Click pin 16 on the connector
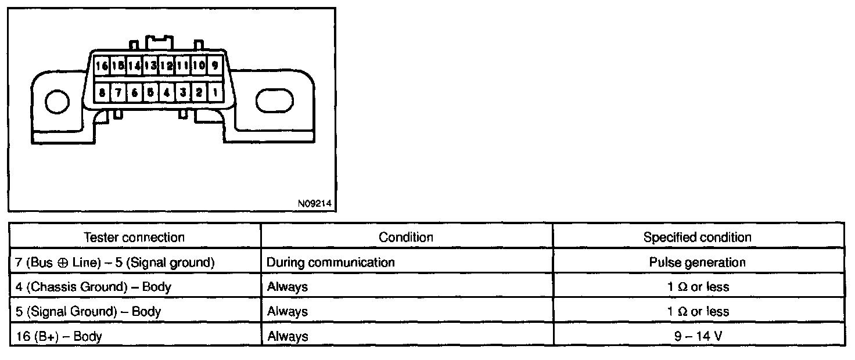102,66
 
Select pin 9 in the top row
215,66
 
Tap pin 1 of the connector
215,92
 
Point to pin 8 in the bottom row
102,92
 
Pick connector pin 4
167,92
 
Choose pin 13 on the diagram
150,66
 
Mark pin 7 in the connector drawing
118,92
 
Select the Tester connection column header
134,237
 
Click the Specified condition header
697,237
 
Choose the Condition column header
406,237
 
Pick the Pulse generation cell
697,262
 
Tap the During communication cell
330,262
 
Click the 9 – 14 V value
697,336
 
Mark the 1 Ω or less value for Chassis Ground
697,286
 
